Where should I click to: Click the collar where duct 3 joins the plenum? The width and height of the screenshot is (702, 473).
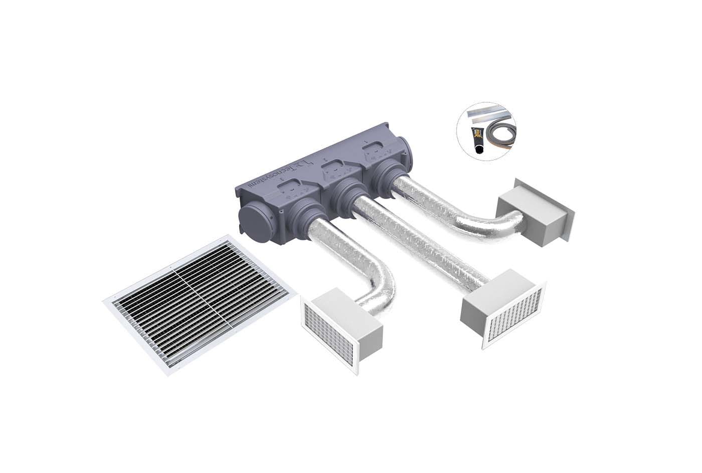click(305, 216)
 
